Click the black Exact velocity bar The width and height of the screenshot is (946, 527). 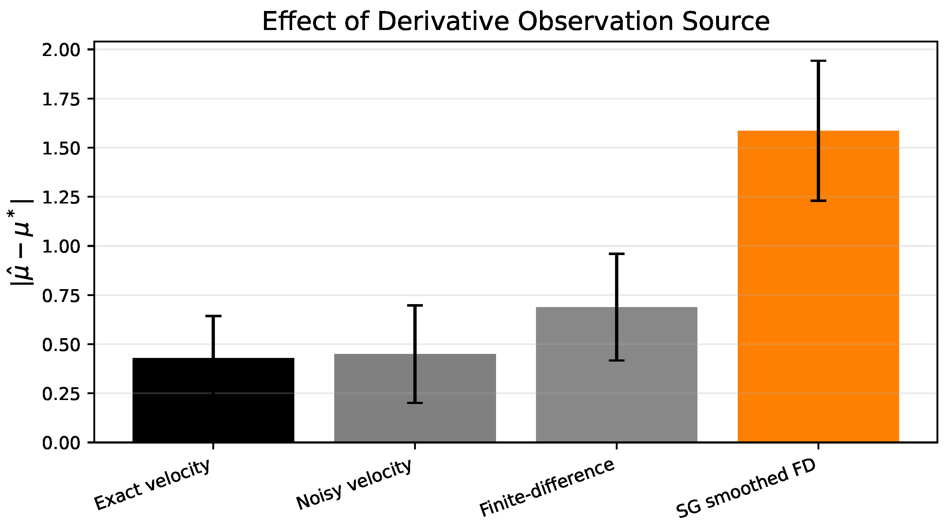click(x=213, y=400)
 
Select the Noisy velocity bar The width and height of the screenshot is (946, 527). click(x=415, y=398)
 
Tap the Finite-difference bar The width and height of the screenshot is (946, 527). click(x=617, y=374)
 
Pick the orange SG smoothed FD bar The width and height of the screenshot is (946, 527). click(x=818, y=286)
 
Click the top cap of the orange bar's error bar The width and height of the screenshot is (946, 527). click(x=818, y=61)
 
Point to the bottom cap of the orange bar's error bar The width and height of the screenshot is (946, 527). click(x=818, y=201)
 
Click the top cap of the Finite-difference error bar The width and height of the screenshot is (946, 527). click(x=617, y=254)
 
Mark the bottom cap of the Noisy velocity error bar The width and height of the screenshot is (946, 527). click(x=415, y=403)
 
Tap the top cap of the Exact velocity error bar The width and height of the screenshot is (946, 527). click(x=213, y=316)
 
